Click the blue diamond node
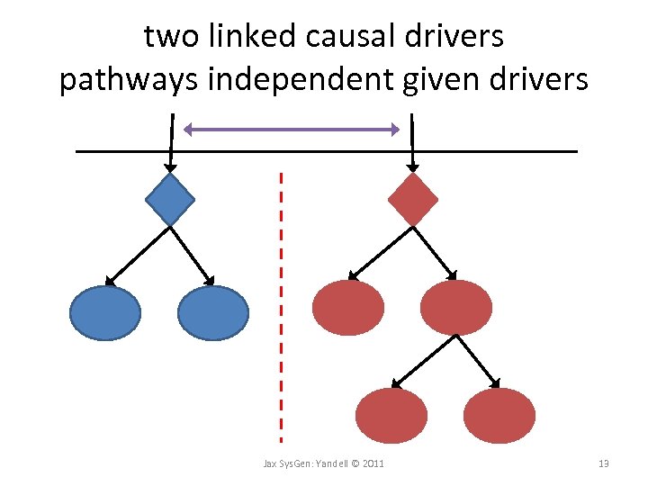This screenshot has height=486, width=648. tap(170, 199)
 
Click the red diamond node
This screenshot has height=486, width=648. tap(413, 199)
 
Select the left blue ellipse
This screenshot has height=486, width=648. tap(106, 313)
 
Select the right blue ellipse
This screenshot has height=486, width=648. tap(212, 313)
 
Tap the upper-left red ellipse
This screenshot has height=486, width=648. tap(348, 308)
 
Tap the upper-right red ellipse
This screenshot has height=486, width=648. tap(456, 308)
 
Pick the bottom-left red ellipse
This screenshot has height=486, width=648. tap(391, 416)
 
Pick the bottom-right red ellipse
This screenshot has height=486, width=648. tap(499, 416)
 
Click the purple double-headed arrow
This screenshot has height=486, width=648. tap(291, 130)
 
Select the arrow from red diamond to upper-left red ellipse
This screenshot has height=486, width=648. tap(381, 253)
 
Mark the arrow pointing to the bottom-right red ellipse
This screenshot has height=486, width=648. tap(477, 360)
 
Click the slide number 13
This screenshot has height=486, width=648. tap(604, 463)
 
